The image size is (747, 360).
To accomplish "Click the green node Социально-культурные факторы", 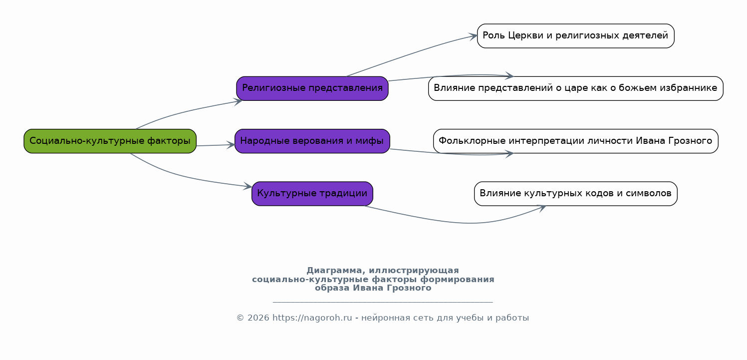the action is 110,141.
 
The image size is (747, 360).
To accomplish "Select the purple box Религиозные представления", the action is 312,88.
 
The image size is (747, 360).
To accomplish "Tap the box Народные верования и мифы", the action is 312,141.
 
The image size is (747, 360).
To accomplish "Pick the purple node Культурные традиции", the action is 312,194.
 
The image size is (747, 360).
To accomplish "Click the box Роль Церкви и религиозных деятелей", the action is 575,36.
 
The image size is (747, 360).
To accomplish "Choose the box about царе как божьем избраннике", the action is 575,88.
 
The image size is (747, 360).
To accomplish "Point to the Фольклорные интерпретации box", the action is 575,141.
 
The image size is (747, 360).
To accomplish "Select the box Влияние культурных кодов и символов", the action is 575,194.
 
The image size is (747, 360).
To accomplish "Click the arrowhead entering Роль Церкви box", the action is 473,36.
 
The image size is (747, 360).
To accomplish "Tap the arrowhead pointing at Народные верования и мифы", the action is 231,145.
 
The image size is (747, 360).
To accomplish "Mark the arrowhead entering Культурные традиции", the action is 248,186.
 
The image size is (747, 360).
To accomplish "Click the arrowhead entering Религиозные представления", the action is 238,101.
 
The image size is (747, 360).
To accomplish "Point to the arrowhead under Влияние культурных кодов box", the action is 541,208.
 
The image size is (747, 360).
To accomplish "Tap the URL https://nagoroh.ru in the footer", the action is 312,318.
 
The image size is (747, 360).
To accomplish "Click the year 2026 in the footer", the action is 258,318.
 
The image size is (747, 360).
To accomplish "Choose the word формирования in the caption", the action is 457,280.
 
